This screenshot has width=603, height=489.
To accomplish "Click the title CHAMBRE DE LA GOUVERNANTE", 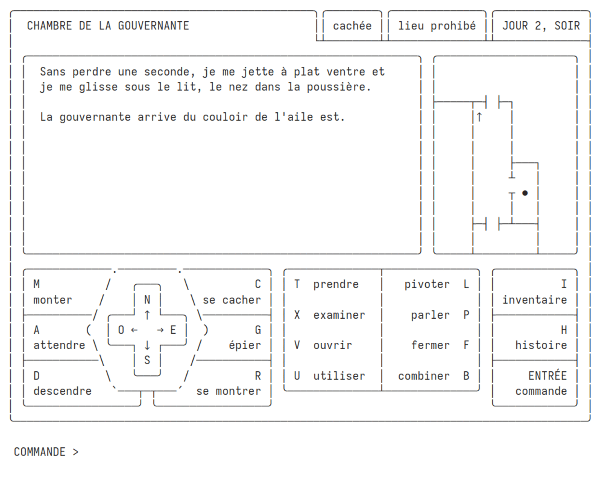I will tap(108, 26).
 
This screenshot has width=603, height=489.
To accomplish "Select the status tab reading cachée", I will tap(352, 26).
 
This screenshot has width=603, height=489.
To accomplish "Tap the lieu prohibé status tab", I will tap(437, 26).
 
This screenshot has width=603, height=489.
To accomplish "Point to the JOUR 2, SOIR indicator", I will tap(541, 26).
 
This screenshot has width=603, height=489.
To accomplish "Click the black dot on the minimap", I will tap(525, 193).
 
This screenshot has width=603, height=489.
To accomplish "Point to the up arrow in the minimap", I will tap(480, 117).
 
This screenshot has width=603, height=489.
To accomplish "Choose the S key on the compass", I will tap(147, 360).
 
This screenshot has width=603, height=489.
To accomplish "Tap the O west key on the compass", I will tap(121, 330).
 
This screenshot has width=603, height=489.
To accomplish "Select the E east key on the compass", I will tap(173, 330).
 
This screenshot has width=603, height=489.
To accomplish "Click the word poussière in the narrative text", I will tap(338, 86).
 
